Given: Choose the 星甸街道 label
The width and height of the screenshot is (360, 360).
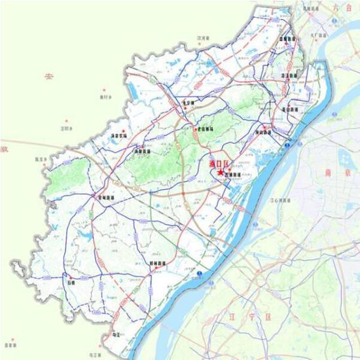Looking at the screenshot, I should [x=105, y=197].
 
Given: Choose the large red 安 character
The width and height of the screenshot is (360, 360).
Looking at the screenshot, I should [x=48, y=77].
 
